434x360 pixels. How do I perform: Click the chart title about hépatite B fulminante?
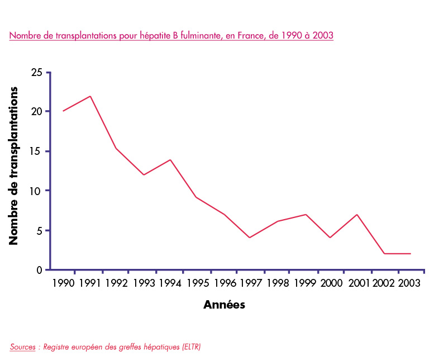pyautogui.click(x=171, y=36)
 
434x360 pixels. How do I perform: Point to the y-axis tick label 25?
pyautogui.click(x=37, y=73)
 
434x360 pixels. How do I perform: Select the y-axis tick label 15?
pyautogui.click(x=37, y=151)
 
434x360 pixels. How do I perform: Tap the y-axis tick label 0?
pyautogui.click(x=39, y=270)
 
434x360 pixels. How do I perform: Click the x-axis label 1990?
pyautogui.click(x=63, y=283)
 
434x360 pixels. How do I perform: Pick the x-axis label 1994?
pyautogui.click(x=170, y=283)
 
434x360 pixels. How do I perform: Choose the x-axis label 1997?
pyautogui.click(x=251, y=283)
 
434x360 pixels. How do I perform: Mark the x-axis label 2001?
pyautogui.click(x=359, y=283)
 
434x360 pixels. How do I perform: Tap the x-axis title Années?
pyautogui.click(x=224, y=305)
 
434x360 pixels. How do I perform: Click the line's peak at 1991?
pyautogui.click(x=90, y=96)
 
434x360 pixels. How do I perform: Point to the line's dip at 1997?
pyautogui.click(x=249, y=238)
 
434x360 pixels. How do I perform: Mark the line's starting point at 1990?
pyautogui.click(x=63, y=111)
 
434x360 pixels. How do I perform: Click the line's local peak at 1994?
pyautogui.click(x=170, y=160)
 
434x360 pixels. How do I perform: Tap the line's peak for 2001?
pyautogui.click(x=356, y=215)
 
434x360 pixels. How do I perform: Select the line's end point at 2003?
pyautogui.click(x=411, y=254)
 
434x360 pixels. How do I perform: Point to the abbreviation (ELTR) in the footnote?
pyautogui.click(x=190, y=347)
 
